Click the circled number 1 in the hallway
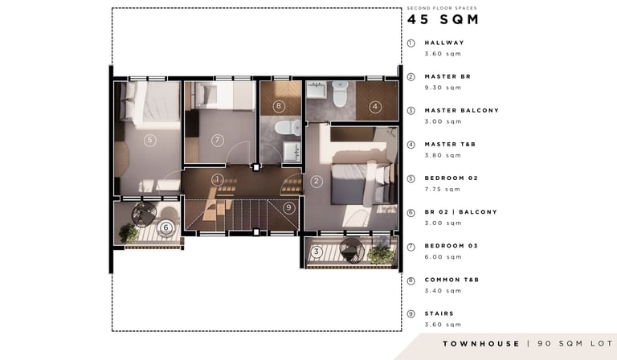[217, 180]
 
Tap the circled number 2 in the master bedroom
[317, 182]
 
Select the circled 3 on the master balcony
[317, 252]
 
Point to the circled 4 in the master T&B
[375, 106]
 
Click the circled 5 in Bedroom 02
[149, 140]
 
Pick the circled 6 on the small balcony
[165, 227]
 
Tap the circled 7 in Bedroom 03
[217, 140]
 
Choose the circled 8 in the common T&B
[279, 106]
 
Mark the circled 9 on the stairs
[289, 207]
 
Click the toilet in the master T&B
[340, 94]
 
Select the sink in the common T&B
[292, 152]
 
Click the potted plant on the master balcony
[381, 255]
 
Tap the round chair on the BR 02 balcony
[144, 215]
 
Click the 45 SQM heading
[443, 19]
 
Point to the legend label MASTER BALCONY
[462, 111]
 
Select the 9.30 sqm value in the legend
[443, 88]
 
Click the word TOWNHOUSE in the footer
[481, 344]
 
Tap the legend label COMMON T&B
[452, 280]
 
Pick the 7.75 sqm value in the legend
[443, 190]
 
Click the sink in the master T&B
[316, 90]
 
